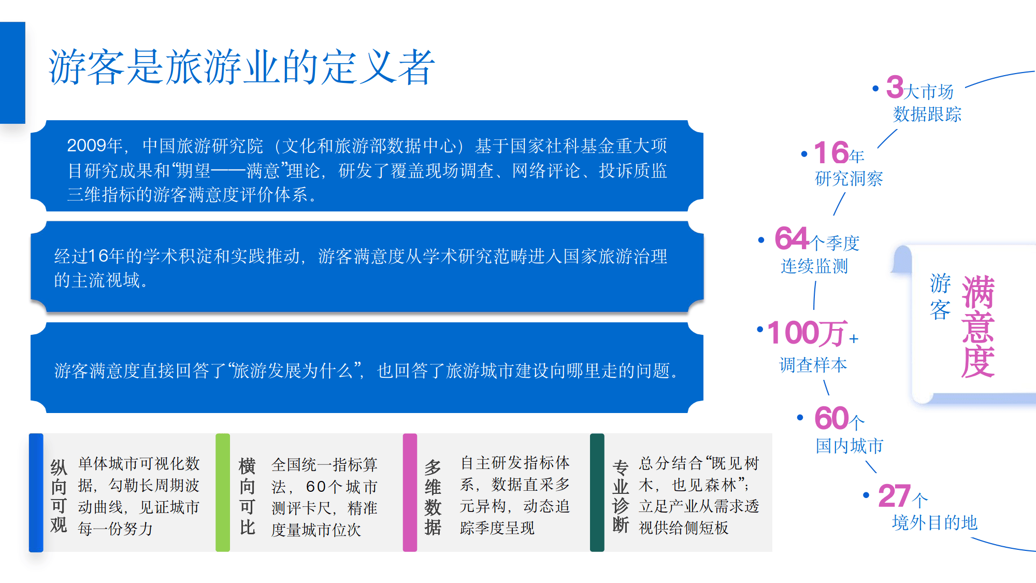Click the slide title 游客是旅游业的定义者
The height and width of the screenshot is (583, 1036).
pyautogui.click(x=241, y=67)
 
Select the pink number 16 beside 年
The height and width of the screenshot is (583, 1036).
pyautogui.click(x=831, y=153)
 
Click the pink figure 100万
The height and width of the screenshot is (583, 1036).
pyautogui.click(x=807, y=333)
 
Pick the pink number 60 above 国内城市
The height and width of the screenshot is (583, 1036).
pyautogui.click(x=831, y=418)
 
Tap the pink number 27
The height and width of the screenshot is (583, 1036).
pyautogui.click(x=894, y=496)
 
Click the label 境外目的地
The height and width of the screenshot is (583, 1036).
pyautogui.click(x=934, y=522)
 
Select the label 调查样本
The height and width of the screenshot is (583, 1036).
pyautogui.click(x=813, y=365)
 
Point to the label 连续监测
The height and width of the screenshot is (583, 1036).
pyautogui.click(x=814, y=266)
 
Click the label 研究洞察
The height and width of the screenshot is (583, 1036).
pyautogui.click(x=848, y=178)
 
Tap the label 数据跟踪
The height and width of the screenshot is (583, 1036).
pyautogui.click(x=927, y=114)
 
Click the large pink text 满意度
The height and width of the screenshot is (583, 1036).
pyautogui.click(x=978, y=326)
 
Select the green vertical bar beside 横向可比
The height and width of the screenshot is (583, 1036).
pyautogui.click(x=223, y=492)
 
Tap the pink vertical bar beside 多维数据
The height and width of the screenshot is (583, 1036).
pyautogui.click(x=410, y=492)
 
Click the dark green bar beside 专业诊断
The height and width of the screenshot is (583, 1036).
pyautogui.click(x=597, y=492)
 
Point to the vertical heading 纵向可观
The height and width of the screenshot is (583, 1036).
pyautogui.click(x=59, y=496)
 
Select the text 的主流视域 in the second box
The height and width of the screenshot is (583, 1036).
pyautogui.click(x=97, y=280)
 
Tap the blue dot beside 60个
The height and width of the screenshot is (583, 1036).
pyautogui.click(x=800, y=418)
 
